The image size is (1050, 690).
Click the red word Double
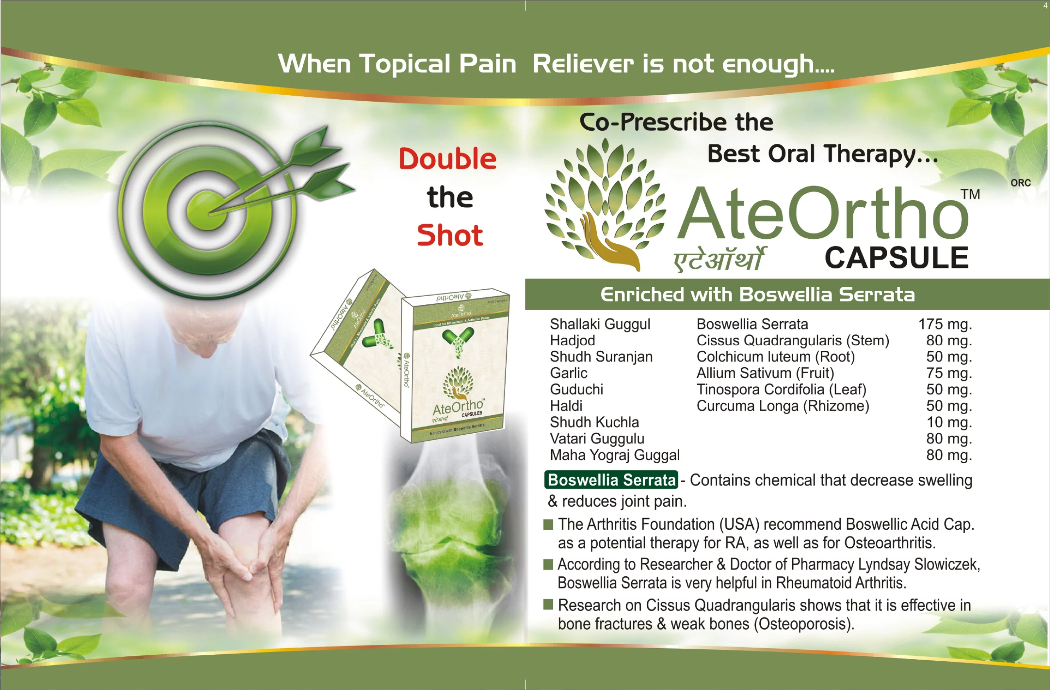pyautogui.click(x=447, y=159)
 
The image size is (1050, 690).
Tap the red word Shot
pyautogui.click(x=450, y=235)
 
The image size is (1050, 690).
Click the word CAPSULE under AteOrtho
pyautogui.click(x=897, y=258)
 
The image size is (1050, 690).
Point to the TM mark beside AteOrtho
pyautogui.click(x=970, y=194)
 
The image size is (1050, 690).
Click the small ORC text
pyautogui.click(x=1020, y=183)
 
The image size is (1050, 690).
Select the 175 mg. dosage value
pyautogui.click(x=945, y=324)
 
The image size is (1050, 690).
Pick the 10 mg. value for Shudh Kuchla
pyautogui.click(x=949, y=422)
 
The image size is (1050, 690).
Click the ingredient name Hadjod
pyautogui.click(x=572, y=340)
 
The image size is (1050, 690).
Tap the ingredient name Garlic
pyautogui.click(x=568, y=373)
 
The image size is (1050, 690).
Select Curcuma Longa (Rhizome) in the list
pyautogui.click(x=783, y=406)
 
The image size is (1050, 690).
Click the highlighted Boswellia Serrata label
pyautogui.click(x=612, y=480)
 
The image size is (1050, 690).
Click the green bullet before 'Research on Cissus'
pyautogui.click(x=548, y=604)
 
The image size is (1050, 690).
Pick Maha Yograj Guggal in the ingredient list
pyautogui.click(x=614, y=455)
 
